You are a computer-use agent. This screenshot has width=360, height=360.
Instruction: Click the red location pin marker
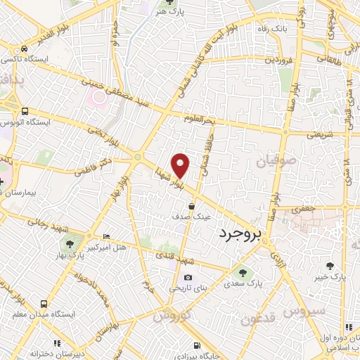181,165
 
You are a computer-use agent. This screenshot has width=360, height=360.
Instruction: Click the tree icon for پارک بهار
70,243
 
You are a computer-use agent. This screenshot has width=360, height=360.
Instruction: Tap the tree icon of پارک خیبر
330,265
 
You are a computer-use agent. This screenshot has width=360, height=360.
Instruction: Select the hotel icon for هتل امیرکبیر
106,236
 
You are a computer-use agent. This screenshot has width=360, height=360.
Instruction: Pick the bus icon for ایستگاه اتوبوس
25,111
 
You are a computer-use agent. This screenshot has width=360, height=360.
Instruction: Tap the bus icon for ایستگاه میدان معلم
44,304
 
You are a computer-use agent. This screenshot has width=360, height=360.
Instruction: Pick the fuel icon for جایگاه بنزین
196,345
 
